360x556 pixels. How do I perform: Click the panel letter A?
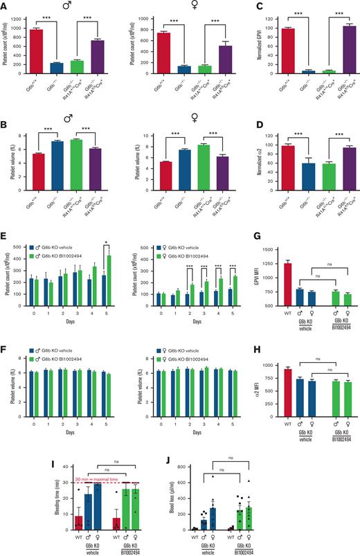pyautogui.click(x=5, y=6)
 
